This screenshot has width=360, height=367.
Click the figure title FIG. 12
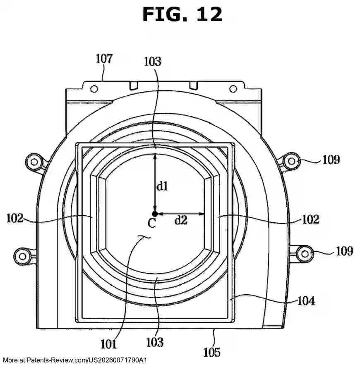click(x=182, y=14)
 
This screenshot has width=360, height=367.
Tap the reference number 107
click(x=104, y=58)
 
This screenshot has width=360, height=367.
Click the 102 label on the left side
click(x=15, y=217)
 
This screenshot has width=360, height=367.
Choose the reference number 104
click(x=306, y=301)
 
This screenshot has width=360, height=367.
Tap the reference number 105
click(x=212, y=352)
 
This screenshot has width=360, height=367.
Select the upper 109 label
click(x=331, y=160)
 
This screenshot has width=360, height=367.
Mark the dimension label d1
click(x=162, y=186)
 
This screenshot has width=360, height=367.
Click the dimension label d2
click(x=180, y=220)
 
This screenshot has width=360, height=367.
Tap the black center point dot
click(x=154, y=214)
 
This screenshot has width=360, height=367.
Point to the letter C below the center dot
click(x=152, y=224)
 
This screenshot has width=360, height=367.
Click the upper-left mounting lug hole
click(x=34, y=160)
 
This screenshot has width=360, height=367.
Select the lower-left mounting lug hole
click(x=22, y=254)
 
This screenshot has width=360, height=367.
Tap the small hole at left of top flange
click(x=94, y=88)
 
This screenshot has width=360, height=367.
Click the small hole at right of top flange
click(x=233, y=88)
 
